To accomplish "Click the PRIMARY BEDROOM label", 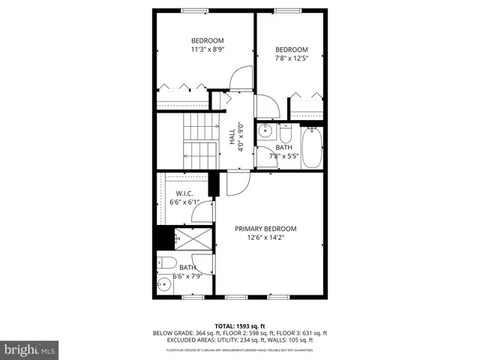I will (x=265, y=229).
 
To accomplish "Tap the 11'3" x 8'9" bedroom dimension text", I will (x=207, y=49).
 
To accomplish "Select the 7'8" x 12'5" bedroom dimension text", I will (x=292, y=60).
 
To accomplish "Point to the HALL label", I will (x=232, y=137).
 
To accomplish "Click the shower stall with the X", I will (x=194, y=239).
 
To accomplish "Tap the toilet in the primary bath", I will (x=168, y=263).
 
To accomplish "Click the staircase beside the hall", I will (x=199, y=142).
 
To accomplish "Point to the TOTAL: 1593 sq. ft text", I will (x=239, y=325).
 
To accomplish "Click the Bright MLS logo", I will (x=30, y=349).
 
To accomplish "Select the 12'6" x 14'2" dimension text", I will (x=265, y=238).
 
